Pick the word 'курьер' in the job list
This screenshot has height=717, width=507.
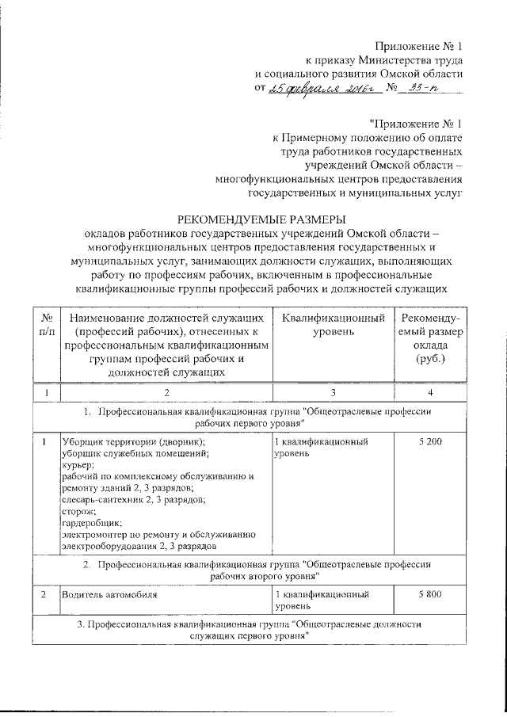[x=77, y=465]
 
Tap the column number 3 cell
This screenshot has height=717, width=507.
[x=334, y=393]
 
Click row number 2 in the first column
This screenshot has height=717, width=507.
[x=45, y=593]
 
